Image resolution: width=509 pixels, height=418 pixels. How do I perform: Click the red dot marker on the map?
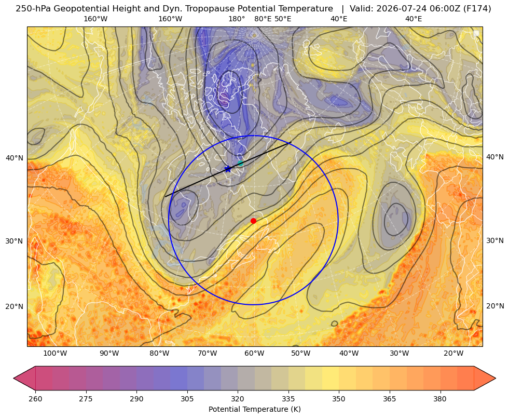pos(253,221)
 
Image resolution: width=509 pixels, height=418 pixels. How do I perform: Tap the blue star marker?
pos(228,169)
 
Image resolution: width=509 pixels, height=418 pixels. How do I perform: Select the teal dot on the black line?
pos(240,164)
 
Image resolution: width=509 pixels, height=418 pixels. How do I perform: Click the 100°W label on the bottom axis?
pos(55,353)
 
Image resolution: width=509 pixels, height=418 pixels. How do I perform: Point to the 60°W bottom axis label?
pos(254,353)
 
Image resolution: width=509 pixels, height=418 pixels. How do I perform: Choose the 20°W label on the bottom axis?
pos(453,353)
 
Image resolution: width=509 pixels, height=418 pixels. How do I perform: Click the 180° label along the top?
pos(237,19)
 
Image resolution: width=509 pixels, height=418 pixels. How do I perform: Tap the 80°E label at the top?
pos(263,19)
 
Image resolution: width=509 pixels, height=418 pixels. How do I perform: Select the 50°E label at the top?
pos(283,19)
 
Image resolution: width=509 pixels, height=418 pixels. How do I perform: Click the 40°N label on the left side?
pos(15,158)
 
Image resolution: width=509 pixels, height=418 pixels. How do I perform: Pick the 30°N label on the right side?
pos(495,240)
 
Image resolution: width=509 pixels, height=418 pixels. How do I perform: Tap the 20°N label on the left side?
pos(15,306)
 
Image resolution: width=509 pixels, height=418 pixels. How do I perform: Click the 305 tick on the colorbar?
pos(187,398)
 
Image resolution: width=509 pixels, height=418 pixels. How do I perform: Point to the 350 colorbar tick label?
pos(339,398)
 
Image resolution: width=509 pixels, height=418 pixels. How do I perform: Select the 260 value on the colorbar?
pos(35,398)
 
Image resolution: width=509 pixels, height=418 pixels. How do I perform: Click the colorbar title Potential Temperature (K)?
pos(254,409)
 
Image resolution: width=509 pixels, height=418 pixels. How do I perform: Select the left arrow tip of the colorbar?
pos(13,378)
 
